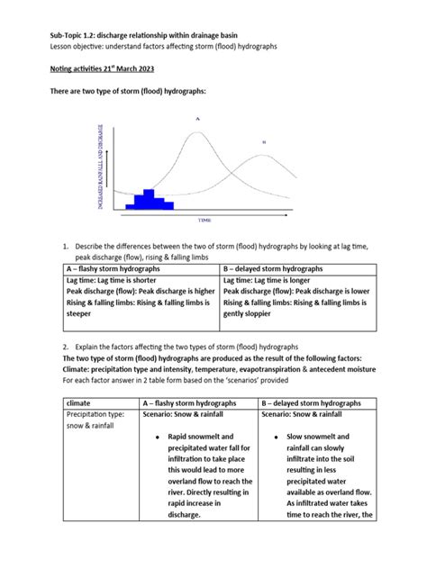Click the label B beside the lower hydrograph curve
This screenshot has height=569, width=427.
coord(264,141)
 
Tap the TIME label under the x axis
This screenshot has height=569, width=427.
coord(206,218)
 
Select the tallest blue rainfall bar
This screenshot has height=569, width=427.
coord(150,197)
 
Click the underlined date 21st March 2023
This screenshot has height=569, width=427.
coord(142,66)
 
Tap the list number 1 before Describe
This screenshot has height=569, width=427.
coord(66,246)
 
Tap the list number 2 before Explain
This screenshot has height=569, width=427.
coord(66,347)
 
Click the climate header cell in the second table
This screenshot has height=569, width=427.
coord(82,404)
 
